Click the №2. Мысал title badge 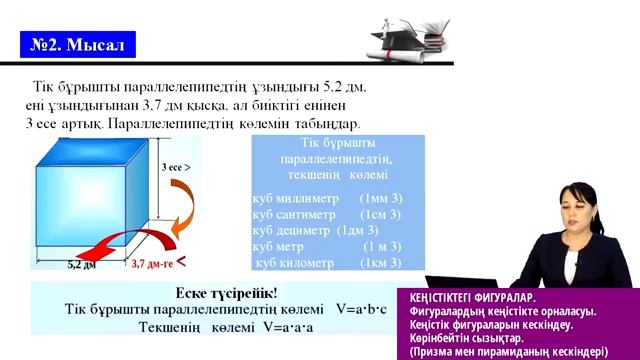77,45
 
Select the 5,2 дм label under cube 82,265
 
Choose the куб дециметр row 300,230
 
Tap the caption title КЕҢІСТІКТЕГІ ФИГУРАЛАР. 473,297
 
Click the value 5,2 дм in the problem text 345,87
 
